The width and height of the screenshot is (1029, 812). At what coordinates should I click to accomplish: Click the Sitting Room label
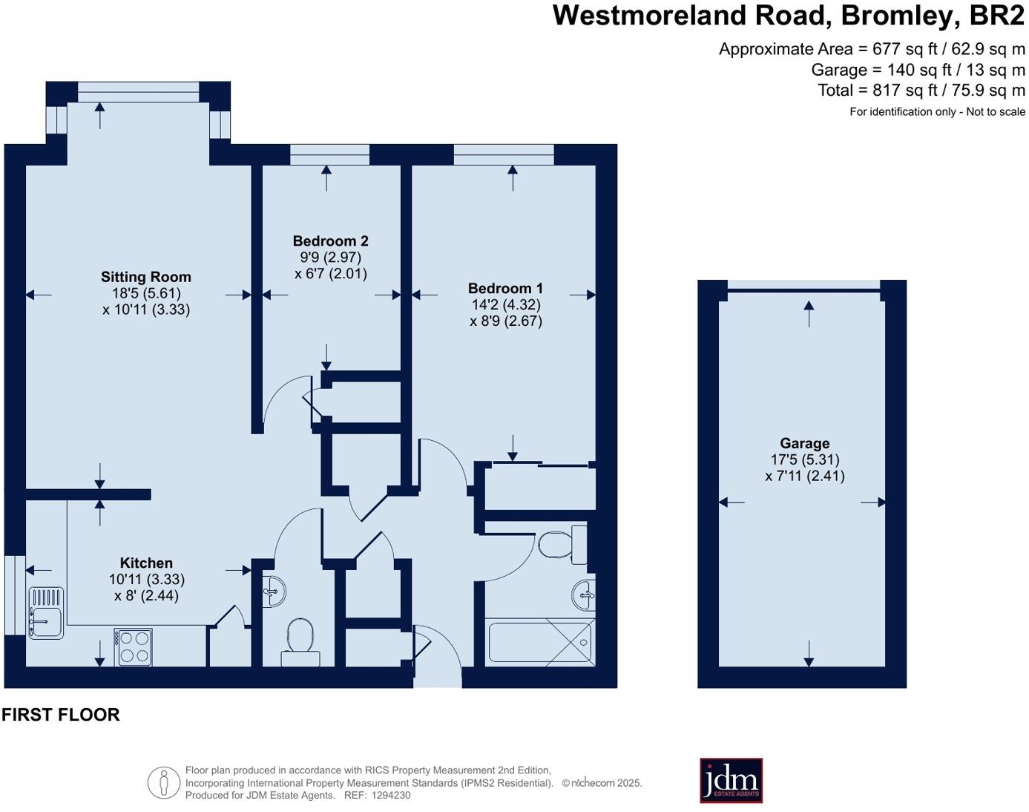(x=146, y=277)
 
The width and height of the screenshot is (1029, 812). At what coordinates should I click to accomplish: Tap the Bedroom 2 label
(x=330, y=241)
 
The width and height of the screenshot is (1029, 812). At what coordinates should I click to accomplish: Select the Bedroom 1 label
(x=505, y=288)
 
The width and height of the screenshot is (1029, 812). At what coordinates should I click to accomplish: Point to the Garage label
(x=804, y=443)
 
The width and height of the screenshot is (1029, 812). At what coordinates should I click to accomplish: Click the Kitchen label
(x=146, y=563)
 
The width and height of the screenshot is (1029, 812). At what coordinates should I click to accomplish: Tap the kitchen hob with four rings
(x=134, y=647)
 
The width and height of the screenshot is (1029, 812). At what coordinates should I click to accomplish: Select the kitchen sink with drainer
(x=46, y=612)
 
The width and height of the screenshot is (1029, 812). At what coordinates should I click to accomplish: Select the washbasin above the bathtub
(x=584, y=595)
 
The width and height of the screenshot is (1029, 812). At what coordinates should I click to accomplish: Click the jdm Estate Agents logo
(x=731, y=780)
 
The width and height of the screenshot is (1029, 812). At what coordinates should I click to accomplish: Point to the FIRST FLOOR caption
(x=61, y=715)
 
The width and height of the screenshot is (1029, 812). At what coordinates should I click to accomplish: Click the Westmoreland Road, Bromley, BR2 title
(x=789, y=16)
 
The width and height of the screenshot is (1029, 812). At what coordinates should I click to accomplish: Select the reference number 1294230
(x=391, y=795)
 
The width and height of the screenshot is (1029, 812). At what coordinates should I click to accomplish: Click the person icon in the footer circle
(x=163, y=782)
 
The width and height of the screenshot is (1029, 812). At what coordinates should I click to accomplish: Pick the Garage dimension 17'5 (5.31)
(x=805, y=460)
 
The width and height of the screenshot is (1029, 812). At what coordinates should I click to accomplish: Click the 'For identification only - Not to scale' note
(x=937, y=112)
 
